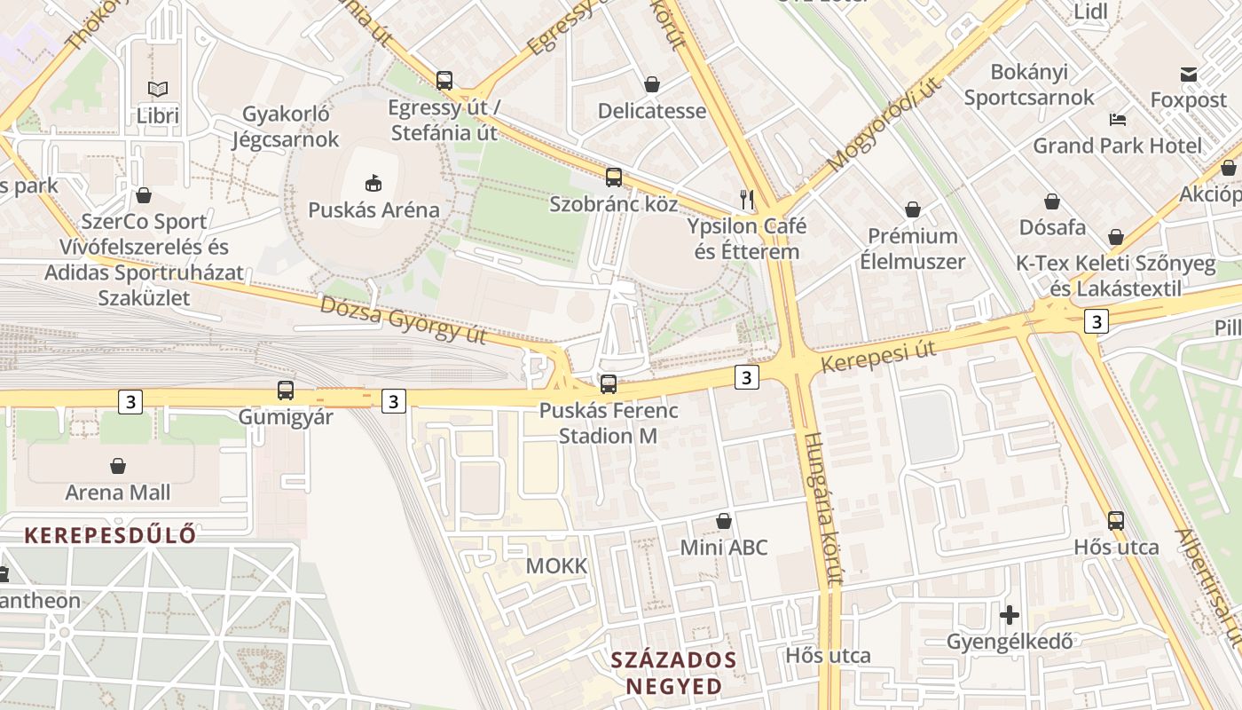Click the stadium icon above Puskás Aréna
(x=373, y=184)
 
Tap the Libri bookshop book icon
(x=158, y=90)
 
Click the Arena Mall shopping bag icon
(x=117, y=466)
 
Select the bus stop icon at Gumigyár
(x=286, y=390)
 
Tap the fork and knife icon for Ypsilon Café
(x=747, y=199)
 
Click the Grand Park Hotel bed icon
(x=1118, y=119)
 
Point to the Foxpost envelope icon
(x=1189, y=75)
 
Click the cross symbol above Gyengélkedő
(x=1010, y=614)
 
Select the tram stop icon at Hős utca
(x=1116, y=521)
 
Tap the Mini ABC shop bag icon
(x=724, y=521)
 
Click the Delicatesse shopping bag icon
(x=652, y=84)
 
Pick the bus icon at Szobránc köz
(x=614, y=177)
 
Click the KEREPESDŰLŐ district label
(x=110, y=535)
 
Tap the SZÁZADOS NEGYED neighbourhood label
(x=674, y=673)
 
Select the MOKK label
(x=556, y=566)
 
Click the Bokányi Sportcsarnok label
(x=1029, y=85)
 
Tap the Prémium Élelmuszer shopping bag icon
(x=913, y=209)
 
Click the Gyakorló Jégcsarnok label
(x=286, y=127)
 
